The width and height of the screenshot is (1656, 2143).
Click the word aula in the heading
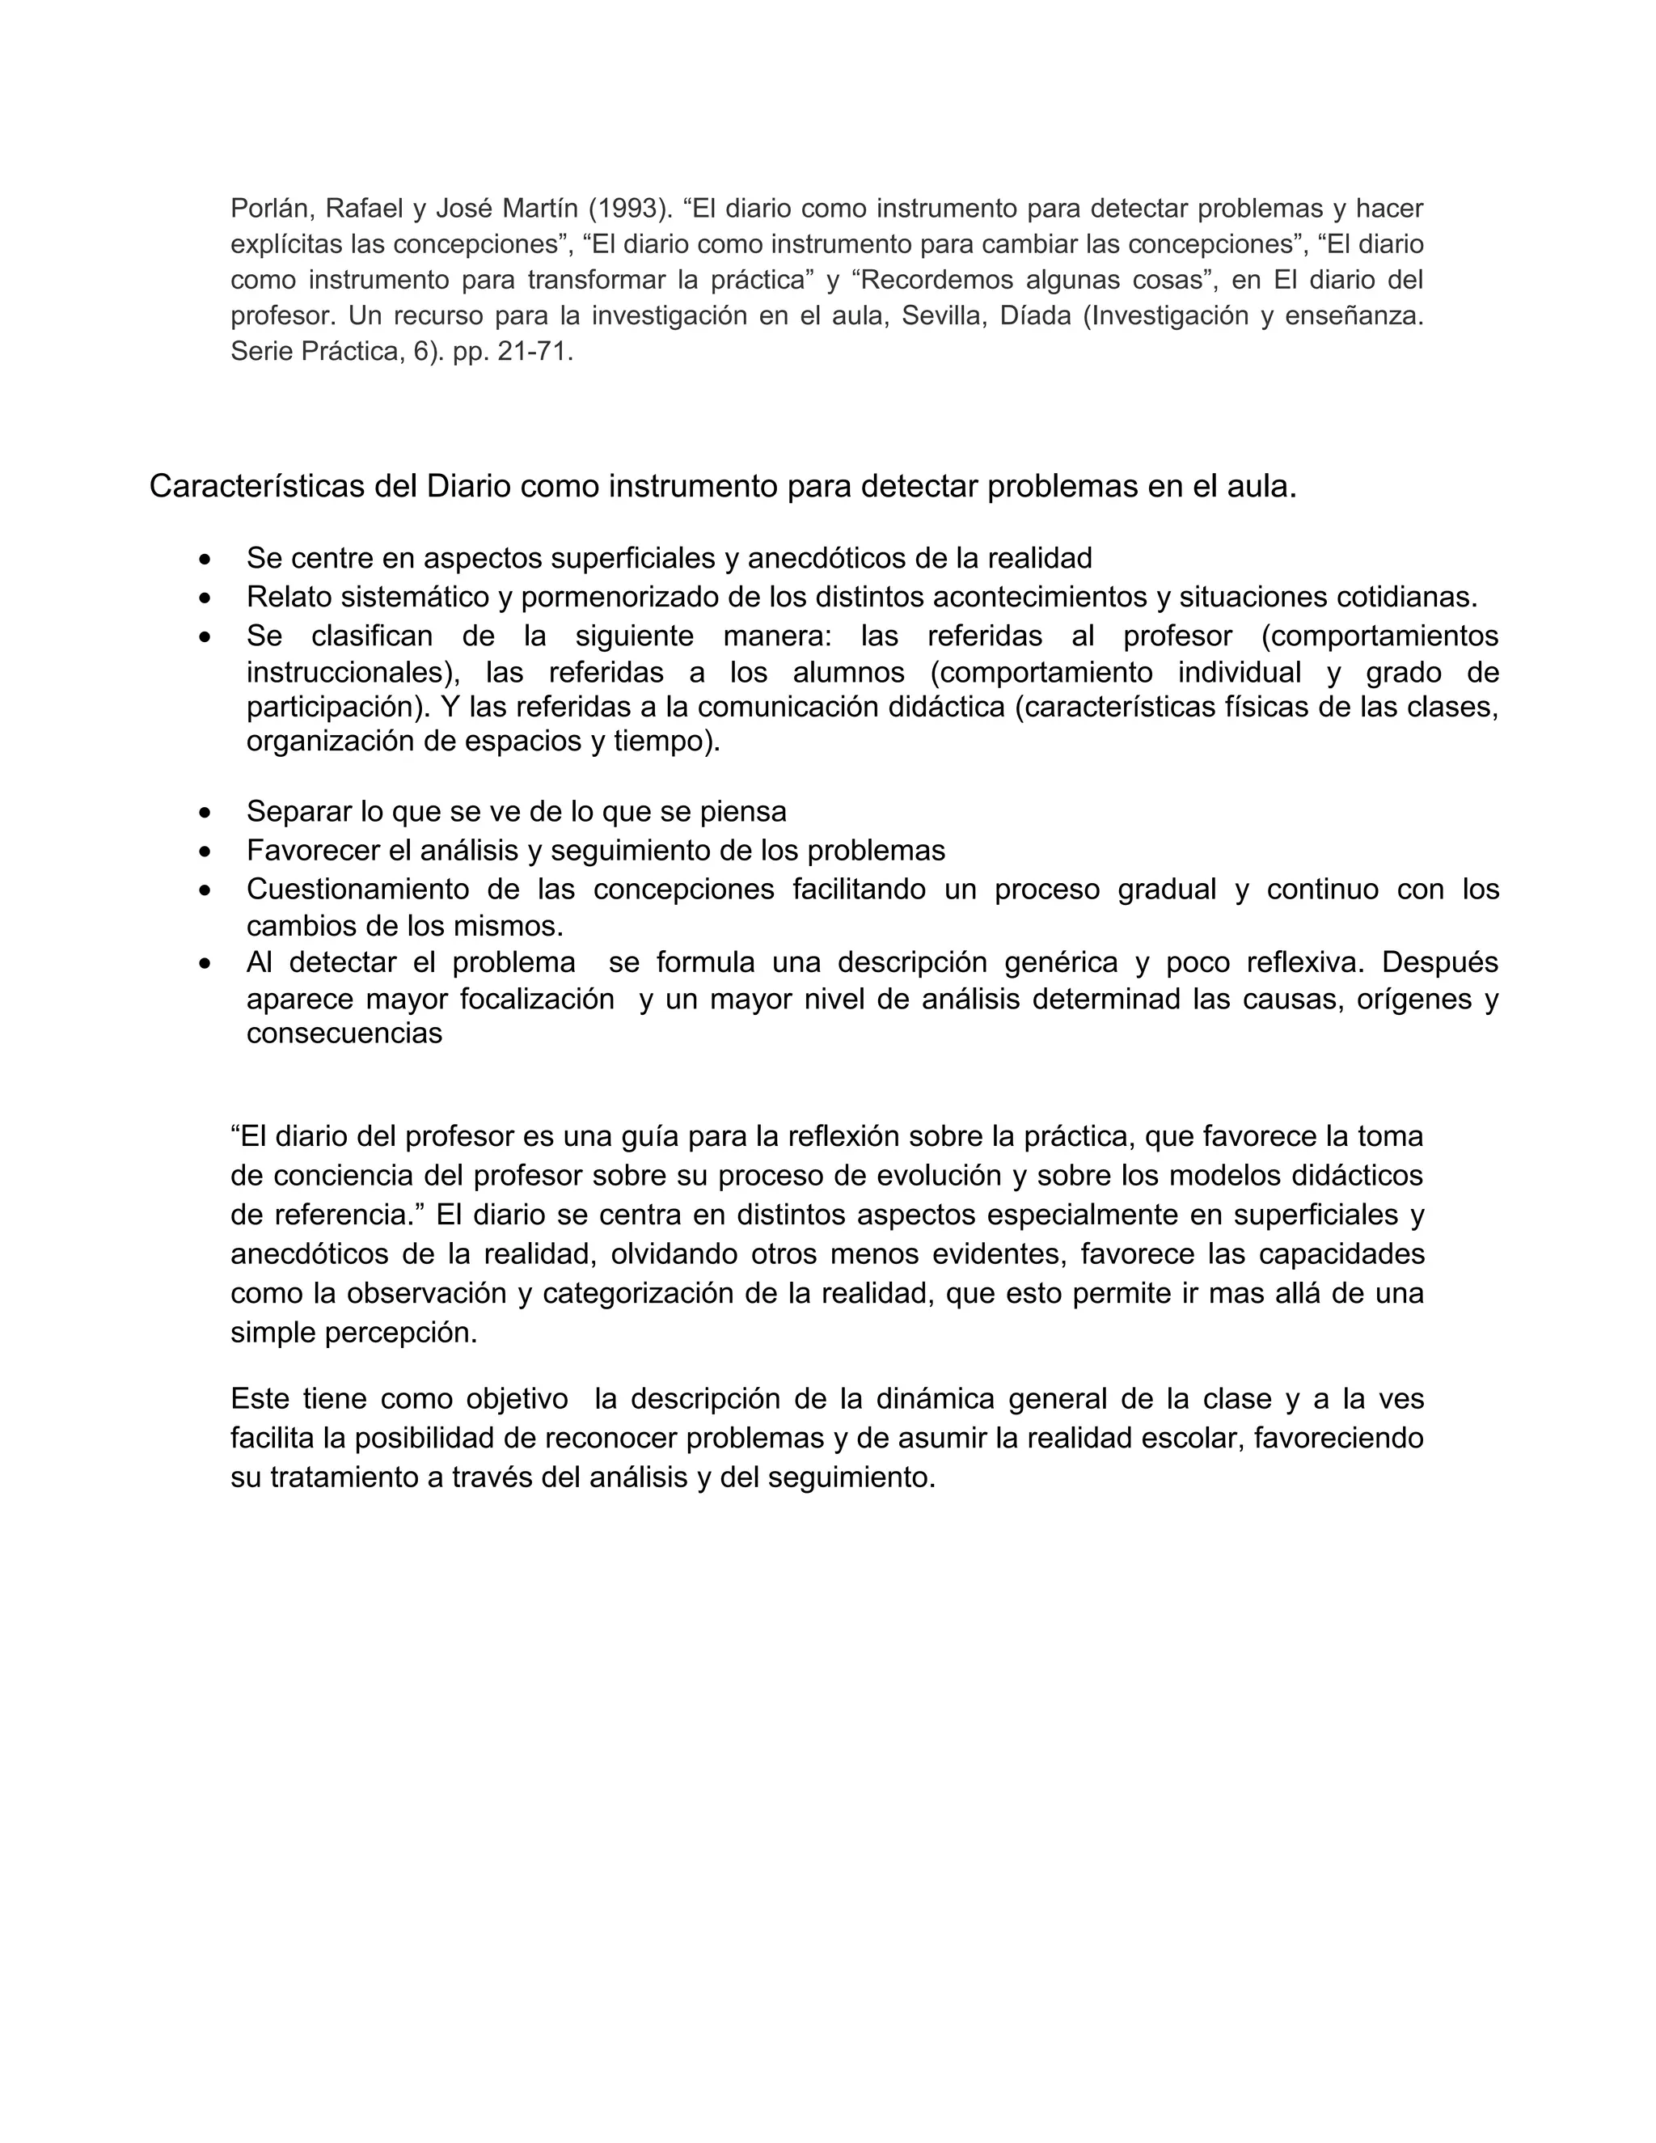[x=1261, y=486]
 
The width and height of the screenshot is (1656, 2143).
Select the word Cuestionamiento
[x=358, y=889]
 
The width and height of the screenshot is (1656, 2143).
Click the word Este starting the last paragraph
[x=260, y=1398]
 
